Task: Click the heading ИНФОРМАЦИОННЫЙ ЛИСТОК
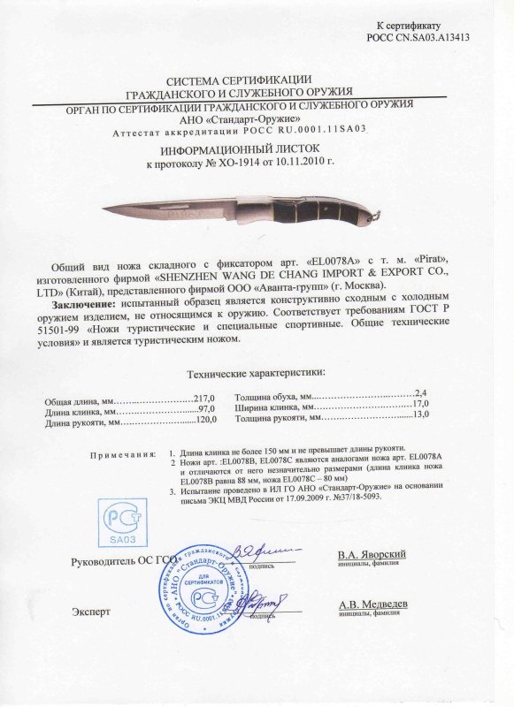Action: click(x=257, y=151)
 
